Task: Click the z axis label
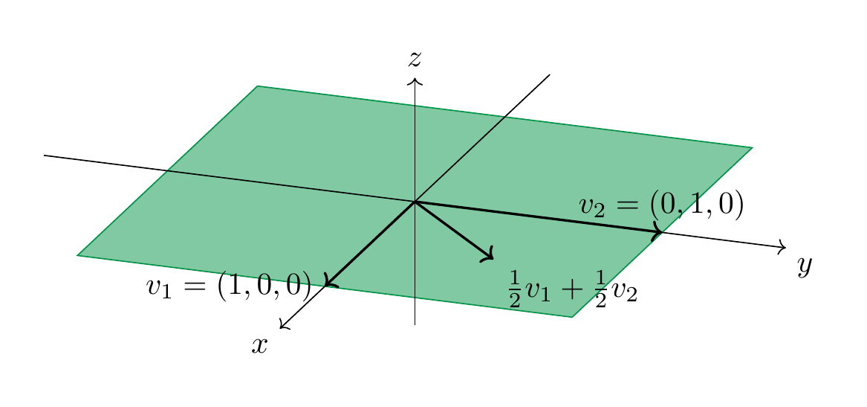tap(415, 59)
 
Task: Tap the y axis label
tap(805, 267)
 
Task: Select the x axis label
tap(259, 345)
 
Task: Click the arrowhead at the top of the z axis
tap(415, 81)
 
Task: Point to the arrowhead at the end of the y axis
tap(782, 247)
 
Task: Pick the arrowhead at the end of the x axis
tap(284, 325)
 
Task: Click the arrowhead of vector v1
tap(330, 281)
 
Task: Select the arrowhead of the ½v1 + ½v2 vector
tap(487, 254)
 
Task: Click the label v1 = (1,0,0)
tap(229, 287)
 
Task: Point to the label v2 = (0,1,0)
tap(661, 205)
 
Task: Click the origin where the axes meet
tap(415, 202)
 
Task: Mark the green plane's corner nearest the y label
tap(753, 147)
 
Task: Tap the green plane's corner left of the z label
tap(258, 86)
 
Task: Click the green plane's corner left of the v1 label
tap(77, 255)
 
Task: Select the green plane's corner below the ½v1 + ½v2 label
tap(572, 317)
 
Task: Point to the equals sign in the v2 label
tap(628, 205)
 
